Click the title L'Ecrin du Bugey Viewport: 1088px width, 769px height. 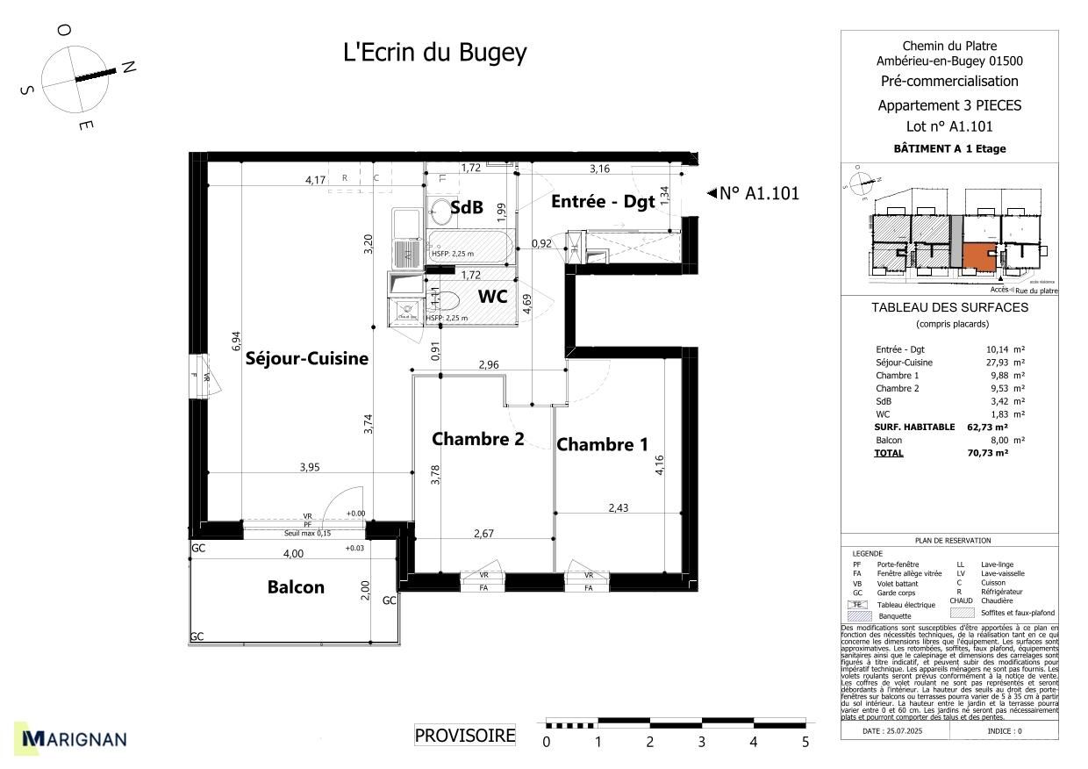coord(434,53)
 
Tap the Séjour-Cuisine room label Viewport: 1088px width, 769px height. coord(306,358)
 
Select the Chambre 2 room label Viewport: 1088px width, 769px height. coord(477,438)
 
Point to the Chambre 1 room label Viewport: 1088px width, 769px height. coord(602,444)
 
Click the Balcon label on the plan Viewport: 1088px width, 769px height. coord(296,587)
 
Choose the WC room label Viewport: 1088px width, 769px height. coord(492,297)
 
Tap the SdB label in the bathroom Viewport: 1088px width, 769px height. coord(467,208)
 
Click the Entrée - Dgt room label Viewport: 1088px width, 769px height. coord(603,201)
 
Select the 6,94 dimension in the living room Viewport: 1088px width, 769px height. coord(236,341)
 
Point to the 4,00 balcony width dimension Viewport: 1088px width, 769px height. coord(292,553)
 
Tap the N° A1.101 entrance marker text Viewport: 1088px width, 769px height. coord(759,194)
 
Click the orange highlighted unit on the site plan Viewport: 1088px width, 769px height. coord(978,256)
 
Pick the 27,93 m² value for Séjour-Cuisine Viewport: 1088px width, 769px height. coord(1006,363)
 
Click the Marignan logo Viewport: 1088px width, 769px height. coord(75,739)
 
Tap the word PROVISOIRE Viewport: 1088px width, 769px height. coord(465,736)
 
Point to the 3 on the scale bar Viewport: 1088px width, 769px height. coord(701,742)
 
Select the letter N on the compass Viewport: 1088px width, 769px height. coord(128,68)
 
